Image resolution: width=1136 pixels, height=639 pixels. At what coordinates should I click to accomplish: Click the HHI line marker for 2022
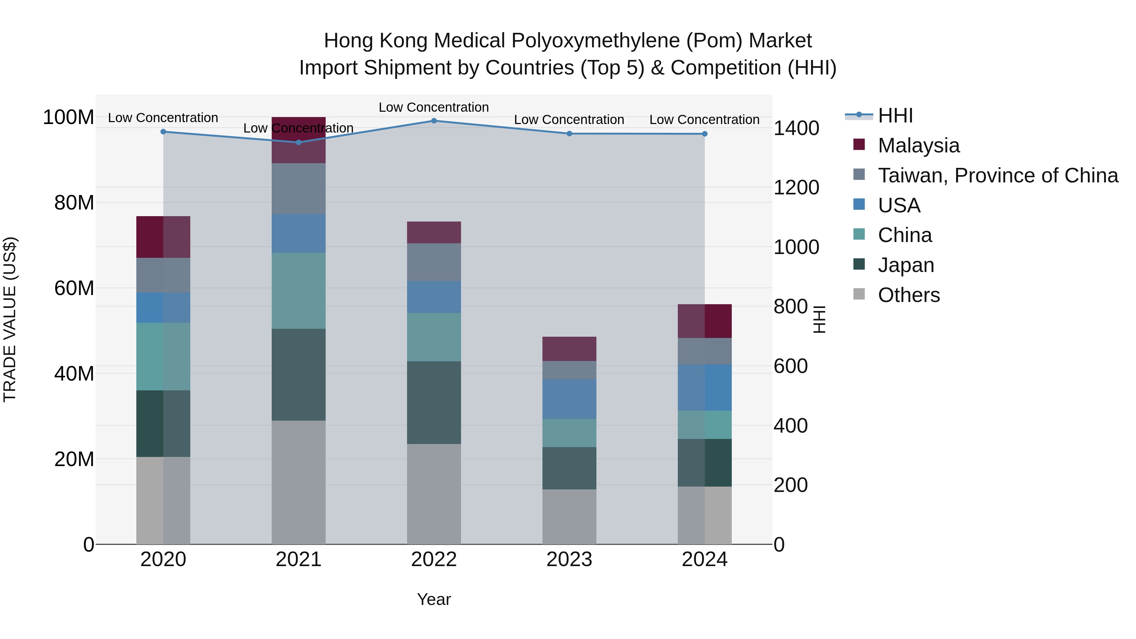click(x=434, y=121)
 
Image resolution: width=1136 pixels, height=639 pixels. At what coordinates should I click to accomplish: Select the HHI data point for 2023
click(x=569, y=133)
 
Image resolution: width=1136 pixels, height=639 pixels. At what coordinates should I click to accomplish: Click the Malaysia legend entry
click(x=918, y=145)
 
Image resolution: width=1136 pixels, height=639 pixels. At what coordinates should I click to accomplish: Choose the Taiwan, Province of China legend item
click(x=997, y=175)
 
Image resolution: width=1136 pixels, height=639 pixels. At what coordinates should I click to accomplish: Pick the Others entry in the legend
click(x=908, y=295)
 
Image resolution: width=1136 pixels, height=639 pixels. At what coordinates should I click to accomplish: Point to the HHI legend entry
click(x=895, y=115)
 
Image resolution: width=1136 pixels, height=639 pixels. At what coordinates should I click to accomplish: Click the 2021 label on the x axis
click(x=299, y=559)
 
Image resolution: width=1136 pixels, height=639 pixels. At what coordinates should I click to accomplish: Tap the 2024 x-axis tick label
click(x=704, y=559)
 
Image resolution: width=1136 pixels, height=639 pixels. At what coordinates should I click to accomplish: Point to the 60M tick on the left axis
click(x=74, y=288)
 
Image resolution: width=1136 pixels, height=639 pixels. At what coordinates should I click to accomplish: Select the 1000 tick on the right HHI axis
click(x=796, y=247)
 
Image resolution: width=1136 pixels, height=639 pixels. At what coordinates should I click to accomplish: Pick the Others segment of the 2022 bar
click(x=434, y=494)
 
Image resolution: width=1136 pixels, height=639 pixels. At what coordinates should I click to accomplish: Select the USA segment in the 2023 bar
click(x=569, y=399)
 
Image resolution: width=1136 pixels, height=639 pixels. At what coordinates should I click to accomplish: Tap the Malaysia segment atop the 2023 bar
click(x=569, y=349)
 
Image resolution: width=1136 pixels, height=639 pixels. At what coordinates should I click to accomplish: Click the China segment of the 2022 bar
click(x=434, y=337)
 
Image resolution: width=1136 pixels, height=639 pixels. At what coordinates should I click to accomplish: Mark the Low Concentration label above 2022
click(x=434, y=107)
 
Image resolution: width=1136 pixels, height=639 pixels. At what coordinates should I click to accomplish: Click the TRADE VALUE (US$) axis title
click(x=10, y=319)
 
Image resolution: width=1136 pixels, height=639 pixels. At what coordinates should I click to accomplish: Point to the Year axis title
click(x=434, y=599)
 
